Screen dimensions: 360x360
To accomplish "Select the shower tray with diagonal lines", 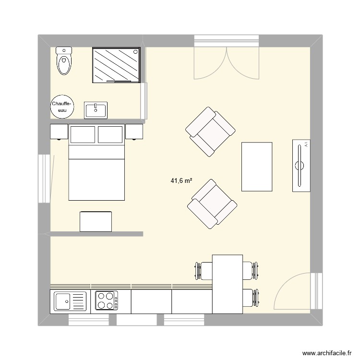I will pyautogui.click(x=116, y=65).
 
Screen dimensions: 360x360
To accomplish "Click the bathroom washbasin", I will pyautogui.click(x=96, y=110).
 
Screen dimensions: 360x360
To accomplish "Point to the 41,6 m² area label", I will pyautogui.click(x=181, y=181).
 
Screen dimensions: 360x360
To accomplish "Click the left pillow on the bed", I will pyautogui.click(x=83, y=134).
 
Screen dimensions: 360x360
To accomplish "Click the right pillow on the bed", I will pyautogui.click(x=110, y=134).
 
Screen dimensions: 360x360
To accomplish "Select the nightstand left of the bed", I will pyautogui.click(x=59, y=132).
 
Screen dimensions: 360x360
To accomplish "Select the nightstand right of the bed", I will pyautogui.click(x=135, y=132).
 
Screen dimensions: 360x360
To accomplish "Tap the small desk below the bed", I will pyautogui.click(x=96, y=221).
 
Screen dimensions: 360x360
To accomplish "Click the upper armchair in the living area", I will pyautogui.click(x=210, y=132).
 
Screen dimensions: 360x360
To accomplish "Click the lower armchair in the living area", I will pyautogui.click(x=212, y=204).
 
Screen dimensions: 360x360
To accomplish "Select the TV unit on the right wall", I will pyautogui.click(x=300, y=166).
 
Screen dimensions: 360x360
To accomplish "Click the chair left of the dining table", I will pyautogui.click(x=203, y=270).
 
